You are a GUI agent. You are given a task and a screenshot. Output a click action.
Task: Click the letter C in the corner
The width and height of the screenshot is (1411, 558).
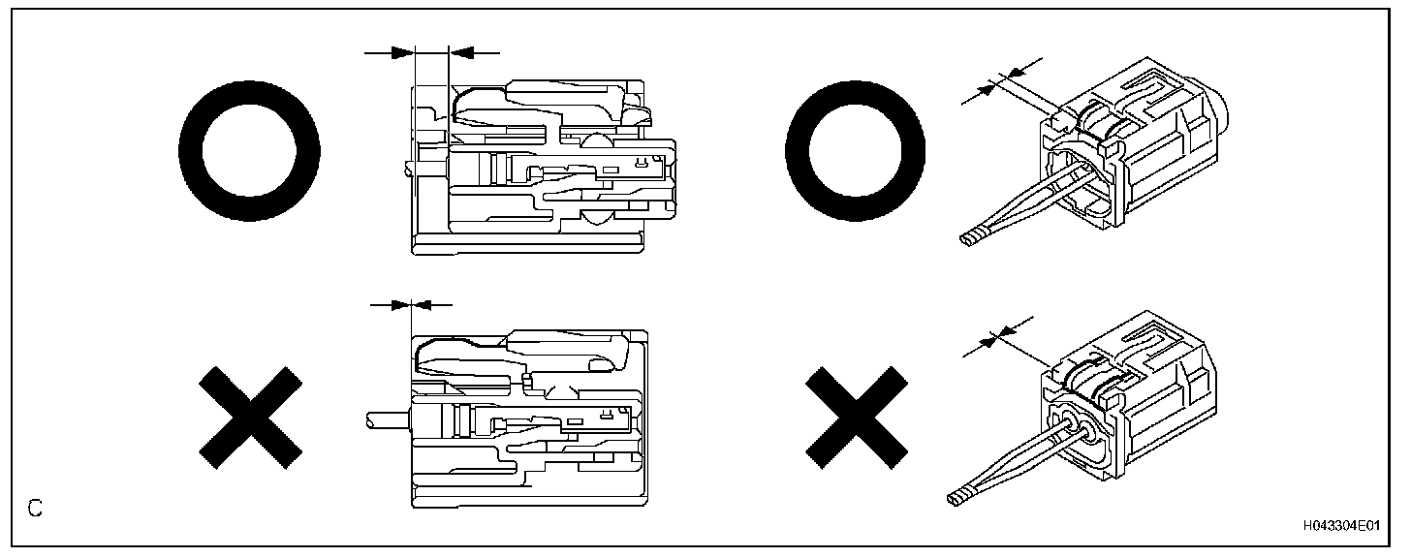pos(35,508)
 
